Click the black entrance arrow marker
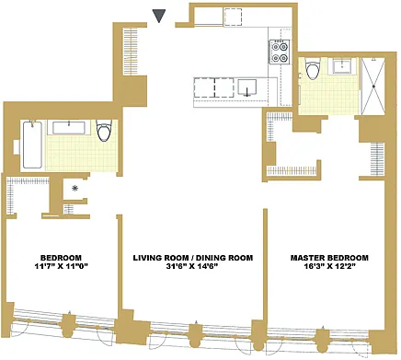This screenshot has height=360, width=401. click(x=159, y=16)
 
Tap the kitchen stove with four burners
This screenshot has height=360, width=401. click(x=279, y=52)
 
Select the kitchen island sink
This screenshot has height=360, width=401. click(x=247, y=87)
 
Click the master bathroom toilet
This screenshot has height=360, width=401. click(x=313, y=70)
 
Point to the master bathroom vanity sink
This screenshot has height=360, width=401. click(x=343, y=65)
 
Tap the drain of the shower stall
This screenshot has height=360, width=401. click(x=373, y=87)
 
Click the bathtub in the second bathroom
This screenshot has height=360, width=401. click(x=32, y=145)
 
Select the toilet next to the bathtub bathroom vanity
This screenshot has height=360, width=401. click(x=104, y=131)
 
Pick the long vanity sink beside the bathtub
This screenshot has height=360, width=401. click(x=69, y=128)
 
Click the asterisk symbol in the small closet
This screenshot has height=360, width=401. click(x=74, y=189)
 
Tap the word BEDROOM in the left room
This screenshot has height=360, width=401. click(x=62, y=258)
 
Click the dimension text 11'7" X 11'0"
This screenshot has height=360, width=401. click(x=62, y=266)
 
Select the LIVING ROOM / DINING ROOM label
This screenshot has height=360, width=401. click(x=193, y=258)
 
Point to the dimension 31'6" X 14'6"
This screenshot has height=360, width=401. click(x=193, y=266)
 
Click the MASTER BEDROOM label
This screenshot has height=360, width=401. click(x=329, y=258)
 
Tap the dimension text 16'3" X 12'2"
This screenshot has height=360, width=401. click(x=329, y=266)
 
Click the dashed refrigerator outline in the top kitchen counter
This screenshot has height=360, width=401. click(x=233, y=17)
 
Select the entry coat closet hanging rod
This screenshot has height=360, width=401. click(x=131, y=52)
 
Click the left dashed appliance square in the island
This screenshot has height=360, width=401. click(x=204, y=87)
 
